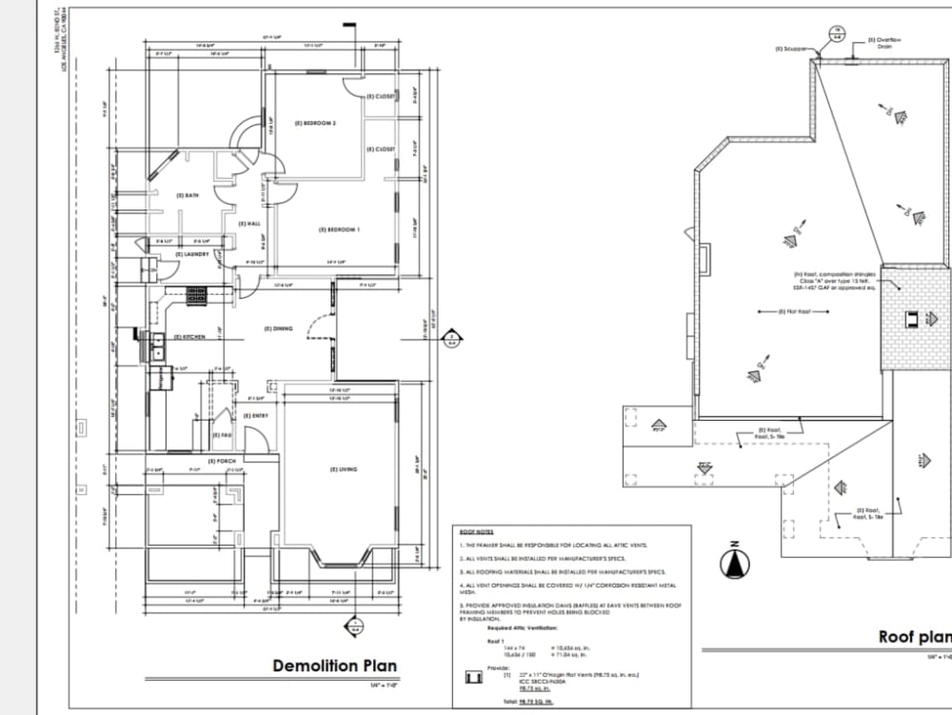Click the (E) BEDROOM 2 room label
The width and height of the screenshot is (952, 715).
pos(315,124)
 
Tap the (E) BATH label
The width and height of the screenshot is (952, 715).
pos(188,195)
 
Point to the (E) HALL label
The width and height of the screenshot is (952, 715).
pos(249,223)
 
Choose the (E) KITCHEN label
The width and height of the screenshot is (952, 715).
pos(189,337)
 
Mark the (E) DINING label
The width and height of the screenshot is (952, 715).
pos(278,328)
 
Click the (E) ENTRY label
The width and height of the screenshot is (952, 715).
pos(254,416)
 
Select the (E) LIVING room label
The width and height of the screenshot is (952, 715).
pos(344,469)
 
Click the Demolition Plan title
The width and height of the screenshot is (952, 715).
pos(334,665)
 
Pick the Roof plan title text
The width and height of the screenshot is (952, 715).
pos(914,637)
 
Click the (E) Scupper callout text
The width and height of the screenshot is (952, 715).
pos(791,48)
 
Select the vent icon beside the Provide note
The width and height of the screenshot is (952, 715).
pos(470,678)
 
